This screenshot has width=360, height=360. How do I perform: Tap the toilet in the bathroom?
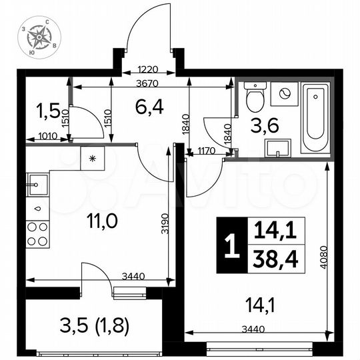[x=253, y=99]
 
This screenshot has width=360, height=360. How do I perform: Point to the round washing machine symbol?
[x=285, y=93]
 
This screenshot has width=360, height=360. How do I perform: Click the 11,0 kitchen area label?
[x=102, y=221]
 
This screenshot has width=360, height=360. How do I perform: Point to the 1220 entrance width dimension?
[x=147, y=69]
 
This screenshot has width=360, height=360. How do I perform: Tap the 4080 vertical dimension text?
[x=324, y=254]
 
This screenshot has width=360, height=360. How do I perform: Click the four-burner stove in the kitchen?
[x=37, y=234]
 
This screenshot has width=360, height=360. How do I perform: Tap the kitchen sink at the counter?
[x=37, y=182]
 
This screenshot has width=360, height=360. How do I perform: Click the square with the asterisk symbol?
[x=91, y=159]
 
